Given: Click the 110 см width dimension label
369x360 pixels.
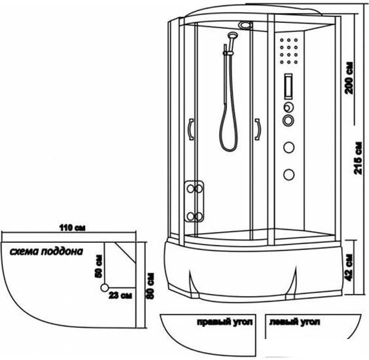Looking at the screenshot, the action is coord(72,228).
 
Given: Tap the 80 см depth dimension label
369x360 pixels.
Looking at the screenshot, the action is coord(150,286).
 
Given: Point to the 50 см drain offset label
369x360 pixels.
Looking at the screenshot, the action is coord(99,266).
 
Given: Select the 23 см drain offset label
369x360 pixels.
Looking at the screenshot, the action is coord(120,295).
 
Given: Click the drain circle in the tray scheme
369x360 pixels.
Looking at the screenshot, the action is coord(105,287).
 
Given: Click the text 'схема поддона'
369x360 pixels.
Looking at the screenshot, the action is coord(46,251).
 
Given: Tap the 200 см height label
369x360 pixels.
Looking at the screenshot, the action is coord(349,78).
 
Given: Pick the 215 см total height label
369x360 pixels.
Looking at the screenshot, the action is coord(358,158).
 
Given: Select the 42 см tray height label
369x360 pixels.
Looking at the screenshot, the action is coord(349,268).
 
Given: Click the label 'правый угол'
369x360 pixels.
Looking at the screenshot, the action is coord(225,322).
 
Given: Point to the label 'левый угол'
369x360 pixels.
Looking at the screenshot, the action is coord(294,322).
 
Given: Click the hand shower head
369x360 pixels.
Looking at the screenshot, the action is coord(232,35).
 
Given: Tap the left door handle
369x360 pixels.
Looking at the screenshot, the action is coord(191,129).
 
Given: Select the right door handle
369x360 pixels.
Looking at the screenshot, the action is coord(258,129).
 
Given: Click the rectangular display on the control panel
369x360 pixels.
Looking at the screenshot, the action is coord(289,86).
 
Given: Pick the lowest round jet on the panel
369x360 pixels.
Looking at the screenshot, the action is coord(289,175).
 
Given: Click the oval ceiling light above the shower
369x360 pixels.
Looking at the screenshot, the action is coord(245,25).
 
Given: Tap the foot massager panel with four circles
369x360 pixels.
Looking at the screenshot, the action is coord(194,202).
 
